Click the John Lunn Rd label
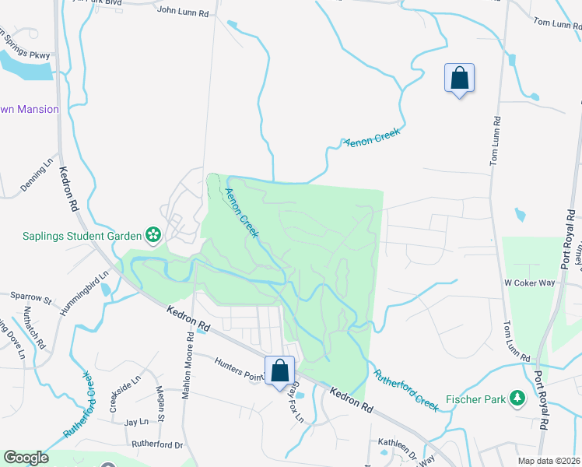tap(183, 12)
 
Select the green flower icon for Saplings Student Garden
tap(153, 235)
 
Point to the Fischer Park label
tap(476, 400)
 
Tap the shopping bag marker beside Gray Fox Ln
tap(280, 371)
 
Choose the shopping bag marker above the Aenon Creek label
tap(459, 79)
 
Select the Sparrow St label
tap(30, 297)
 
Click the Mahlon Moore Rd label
tap(187, 366)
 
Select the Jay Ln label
tap(136, 422)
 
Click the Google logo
tap(26, 458)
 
